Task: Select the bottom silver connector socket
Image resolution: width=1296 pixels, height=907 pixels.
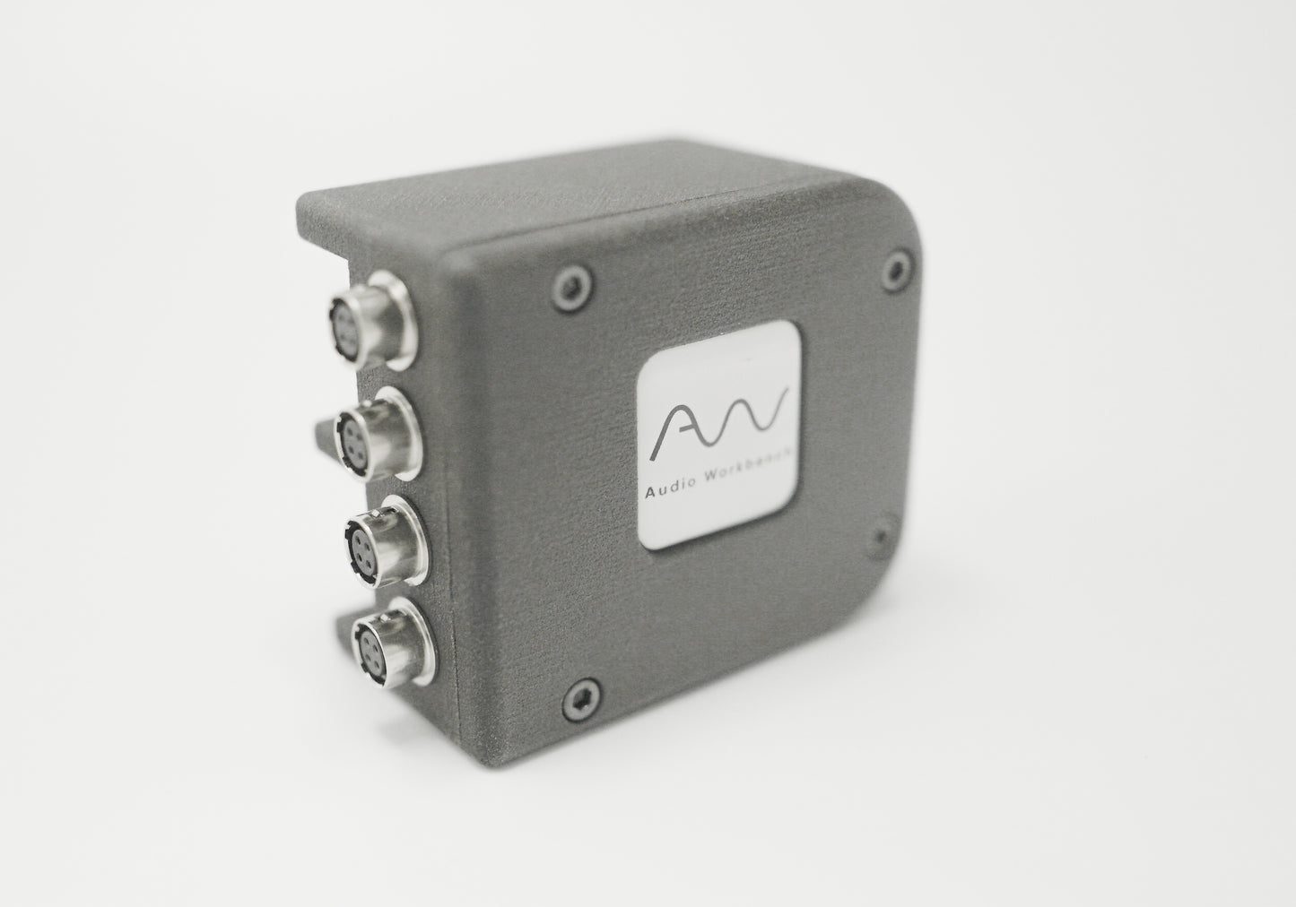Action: pos(392,642)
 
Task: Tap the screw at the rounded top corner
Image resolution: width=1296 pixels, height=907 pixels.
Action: pos(896,269)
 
